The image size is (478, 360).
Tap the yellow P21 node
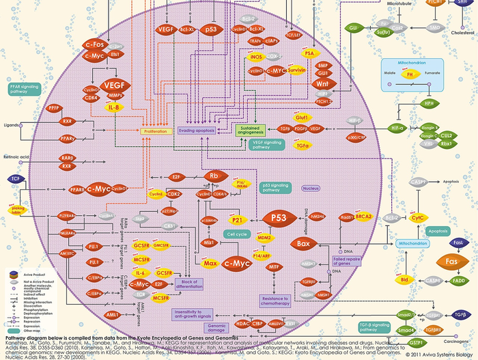point(237,220)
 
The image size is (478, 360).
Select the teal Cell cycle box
point(236,234)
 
